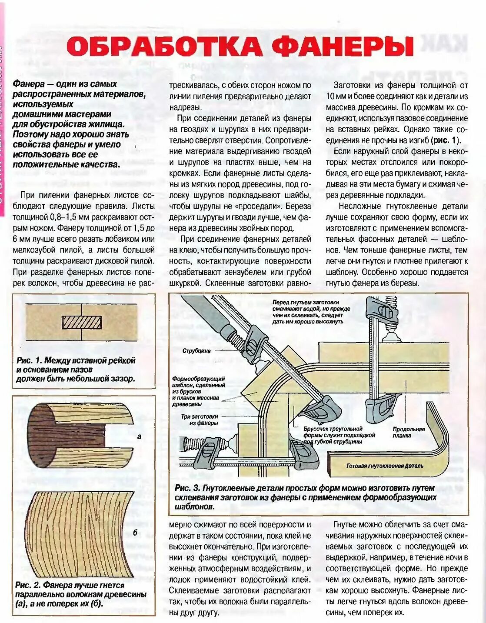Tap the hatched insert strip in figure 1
pyautogui.click(x=82, y=322)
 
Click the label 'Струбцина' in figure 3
pyautogui.click(x=196, y=351)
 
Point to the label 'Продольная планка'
pyautogui.click(x=409, y=432)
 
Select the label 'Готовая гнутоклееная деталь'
pyautogui.click(x=385, y=466)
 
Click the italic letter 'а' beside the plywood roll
pyautogui.click(x=139, y=436)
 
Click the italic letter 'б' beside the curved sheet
pyautogui.click(x=135, y=533)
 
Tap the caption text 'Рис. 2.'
pyautogui.click(x=28, y=585)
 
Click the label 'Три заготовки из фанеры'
pyautogui.click(x=200, y=420)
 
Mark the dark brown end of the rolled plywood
pyautogui.click(x=41, y=435)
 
